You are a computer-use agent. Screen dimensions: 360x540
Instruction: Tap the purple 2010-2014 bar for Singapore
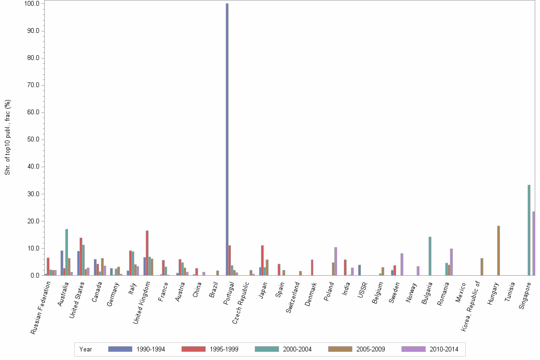(x=534, y=243)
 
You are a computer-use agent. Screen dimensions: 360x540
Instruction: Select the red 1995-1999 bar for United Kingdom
(x=147, y=253)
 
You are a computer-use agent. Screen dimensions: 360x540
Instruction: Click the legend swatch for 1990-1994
(x=120, y=349)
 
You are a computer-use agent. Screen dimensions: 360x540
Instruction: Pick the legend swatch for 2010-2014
(x=413, y=349)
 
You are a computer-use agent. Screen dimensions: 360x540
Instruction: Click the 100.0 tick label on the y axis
(x=32, y=4)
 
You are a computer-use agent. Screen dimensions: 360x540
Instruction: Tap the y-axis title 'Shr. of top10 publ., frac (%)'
(x=8, y=137)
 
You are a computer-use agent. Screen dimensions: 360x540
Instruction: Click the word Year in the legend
(x=86, y=350)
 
